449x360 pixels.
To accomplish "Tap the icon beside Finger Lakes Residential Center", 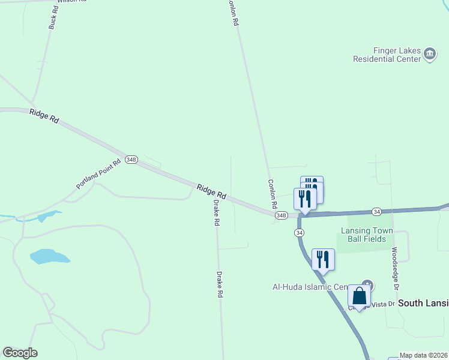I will (430, 54).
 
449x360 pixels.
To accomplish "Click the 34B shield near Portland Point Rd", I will (131, 160).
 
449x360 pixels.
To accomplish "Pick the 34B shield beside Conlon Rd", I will (281, 215).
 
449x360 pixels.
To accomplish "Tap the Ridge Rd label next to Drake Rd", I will (211, 191).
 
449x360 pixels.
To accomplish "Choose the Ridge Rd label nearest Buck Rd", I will (46, 116).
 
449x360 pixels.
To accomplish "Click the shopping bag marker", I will (359, 296).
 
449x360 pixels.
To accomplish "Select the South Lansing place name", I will (424, 303).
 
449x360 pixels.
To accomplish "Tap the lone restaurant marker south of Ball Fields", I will (323, 259).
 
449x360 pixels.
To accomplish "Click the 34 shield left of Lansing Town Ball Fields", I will (300, 232).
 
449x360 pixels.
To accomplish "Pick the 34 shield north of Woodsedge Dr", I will (376, 211).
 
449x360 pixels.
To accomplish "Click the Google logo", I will (20, 353).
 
